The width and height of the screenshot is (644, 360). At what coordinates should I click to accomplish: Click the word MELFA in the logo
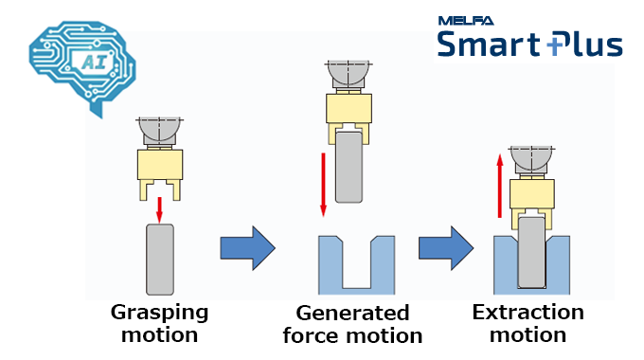pos(463,20)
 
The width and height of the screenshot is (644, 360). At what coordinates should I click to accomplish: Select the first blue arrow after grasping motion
pos(246,248)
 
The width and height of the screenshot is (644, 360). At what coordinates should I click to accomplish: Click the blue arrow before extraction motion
pos(446,248)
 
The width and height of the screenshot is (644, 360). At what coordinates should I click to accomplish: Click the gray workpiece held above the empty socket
pos(350,166)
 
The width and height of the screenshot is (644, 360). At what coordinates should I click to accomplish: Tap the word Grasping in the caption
pos(159,312)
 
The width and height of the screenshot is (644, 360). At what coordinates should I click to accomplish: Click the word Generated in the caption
pos(352,314)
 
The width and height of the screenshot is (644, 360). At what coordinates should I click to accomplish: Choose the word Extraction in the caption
pos(528,312)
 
